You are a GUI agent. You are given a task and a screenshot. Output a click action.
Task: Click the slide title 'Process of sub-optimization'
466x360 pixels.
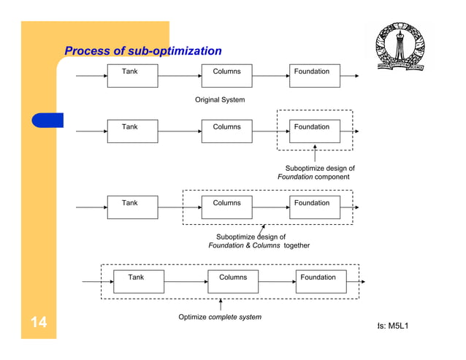pyautogui.click(x=143, y=51)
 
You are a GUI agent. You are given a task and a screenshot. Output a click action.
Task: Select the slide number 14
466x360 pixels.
pyautogui.click(x=39, y=323)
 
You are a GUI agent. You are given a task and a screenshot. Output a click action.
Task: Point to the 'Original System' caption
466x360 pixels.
pyautogui.click(x=220, y=99)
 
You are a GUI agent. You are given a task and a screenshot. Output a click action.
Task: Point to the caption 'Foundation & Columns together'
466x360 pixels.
pyautogui.click(x=259, y=245)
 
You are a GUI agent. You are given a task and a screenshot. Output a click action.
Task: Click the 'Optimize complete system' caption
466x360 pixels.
pyautogui.click(x=220, y=317)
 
